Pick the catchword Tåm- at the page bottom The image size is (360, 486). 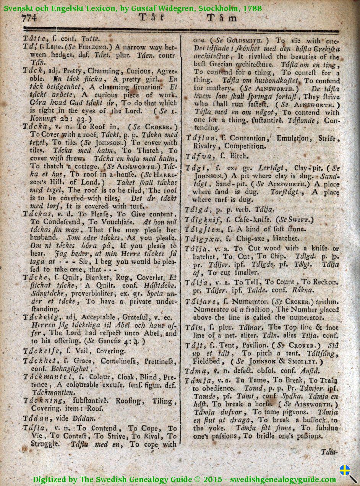click(x=329, y=452)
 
